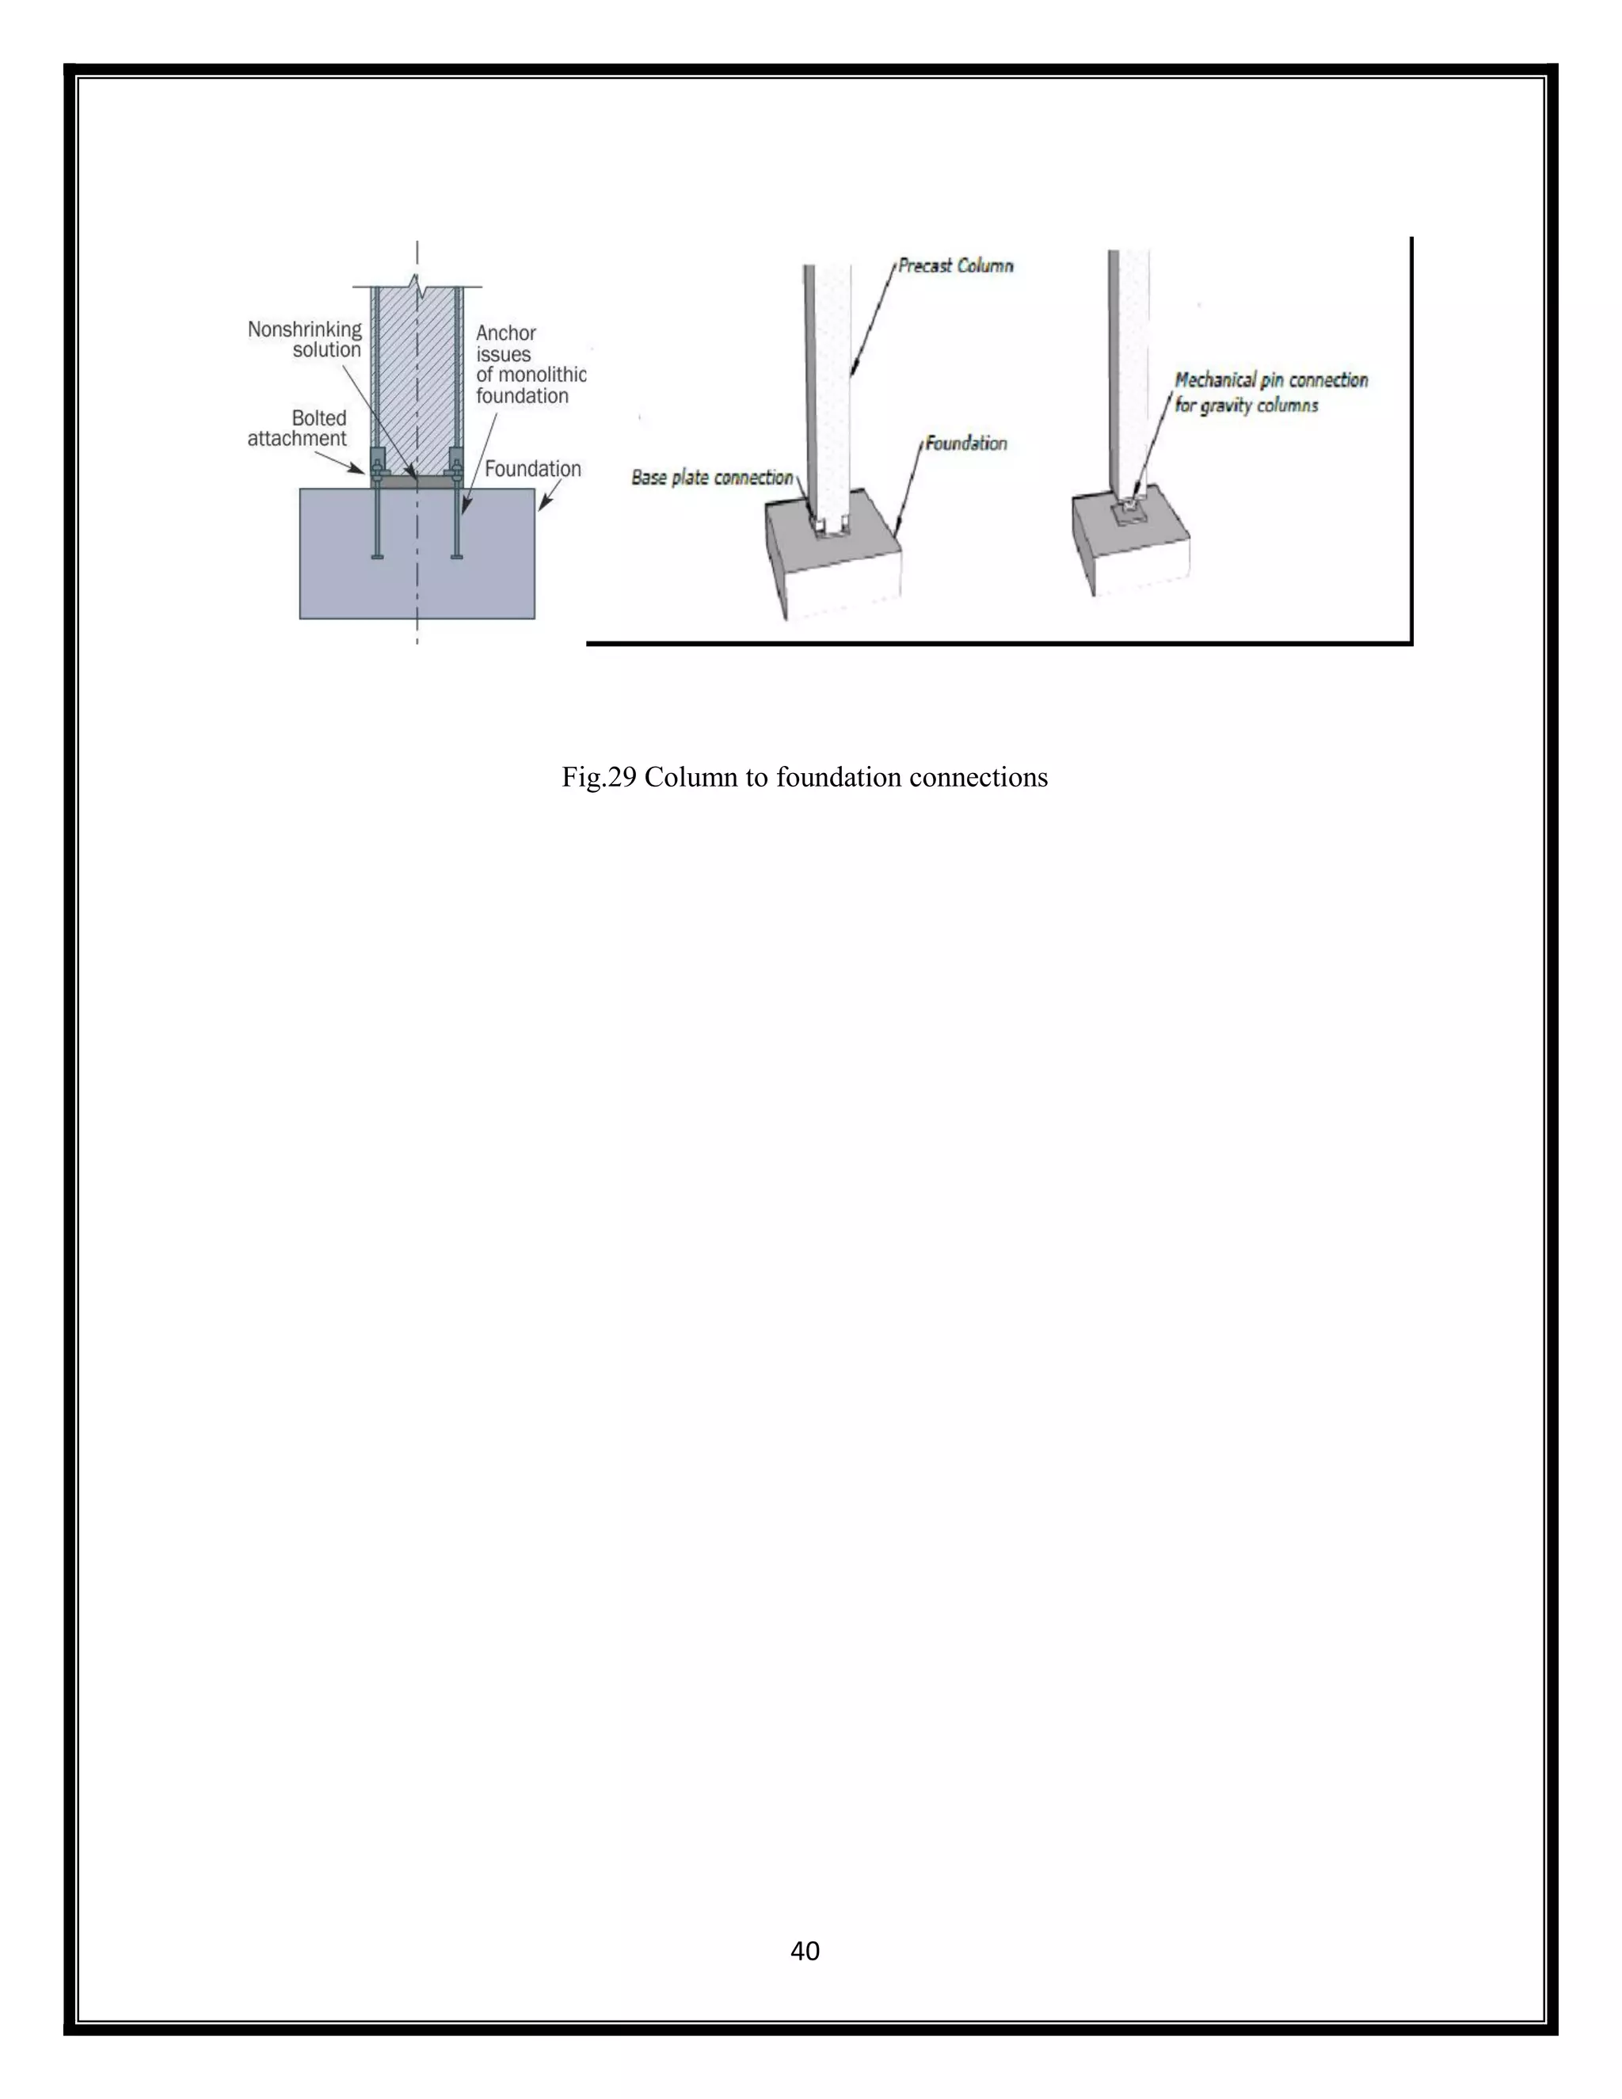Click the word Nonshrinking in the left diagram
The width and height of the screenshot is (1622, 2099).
pyautogui.click(x=305, y=330)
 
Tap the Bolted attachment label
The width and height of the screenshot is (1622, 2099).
pyautogui.click(x=297, y=429)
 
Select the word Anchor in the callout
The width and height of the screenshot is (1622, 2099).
pyautogui.click(x=506, y=333)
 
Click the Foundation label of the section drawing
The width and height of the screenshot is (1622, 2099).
pyautogui.click(x=532, y=469)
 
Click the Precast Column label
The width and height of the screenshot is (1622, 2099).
pyautogui.click(x=955, y=266)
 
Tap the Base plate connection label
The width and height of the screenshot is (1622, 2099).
pyautogui.click(x=712, y=478)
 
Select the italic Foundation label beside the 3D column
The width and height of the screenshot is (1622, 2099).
pyautogui.click(x=965, y=443)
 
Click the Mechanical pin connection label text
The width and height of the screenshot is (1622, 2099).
pyautogui.click(x=1271, y=380)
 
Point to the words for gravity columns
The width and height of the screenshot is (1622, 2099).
pyautogui.click(x=1247, y=406)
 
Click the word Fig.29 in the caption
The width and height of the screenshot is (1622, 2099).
pyautogui.click(x=599, y=778)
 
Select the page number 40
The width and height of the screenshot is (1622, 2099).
pyautogui.click(x=805, y=1950)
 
